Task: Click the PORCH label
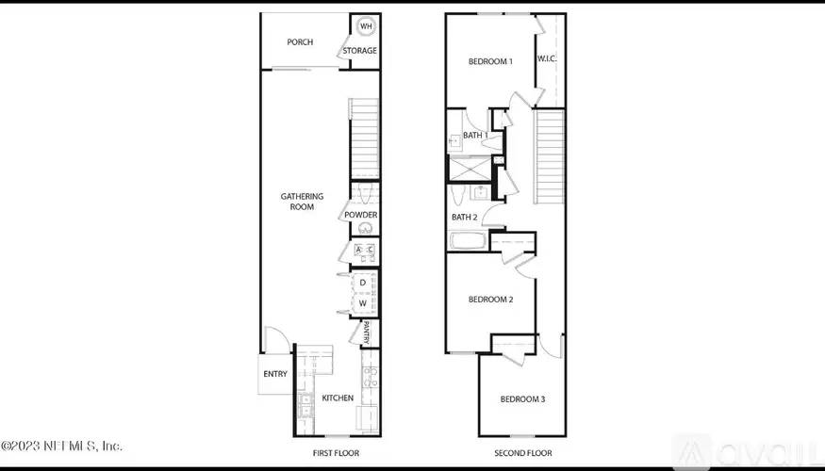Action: click(300, 41)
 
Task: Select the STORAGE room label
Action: click(359, 51)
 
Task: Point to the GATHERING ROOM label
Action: click(302, 202)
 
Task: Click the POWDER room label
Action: click(360, 215)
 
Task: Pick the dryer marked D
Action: click(362, 283)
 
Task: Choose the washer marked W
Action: click(362, 303)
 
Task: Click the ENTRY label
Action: click(275, 374)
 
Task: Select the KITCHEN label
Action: click(338, 398)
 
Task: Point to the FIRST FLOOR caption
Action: click(336, 453)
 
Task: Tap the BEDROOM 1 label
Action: click(490, 62)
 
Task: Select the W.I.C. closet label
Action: click(548, 58)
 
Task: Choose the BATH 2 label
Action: click(464, 217)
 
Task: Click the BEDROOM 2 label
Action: click(490, 300)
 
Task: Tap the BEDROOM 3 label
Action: click(522, 399)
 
